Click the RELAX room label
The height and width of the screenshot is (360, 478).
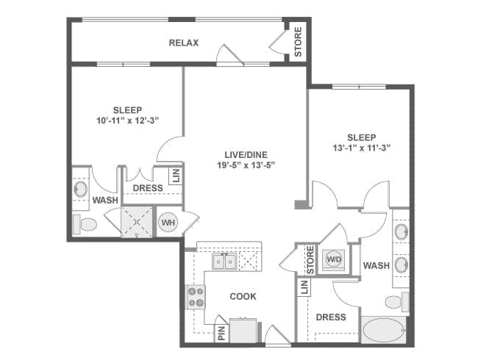184,43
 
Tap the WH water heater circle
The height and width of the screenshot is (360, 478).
168,222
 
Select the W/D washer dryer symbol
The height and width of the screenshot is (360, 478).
334,259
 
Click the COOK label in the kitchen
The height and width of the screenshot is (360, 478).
243,297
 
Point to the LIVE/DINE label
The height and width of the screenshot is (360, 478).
246,155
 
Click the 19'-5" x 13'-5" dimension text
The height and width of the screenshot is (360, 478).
246,166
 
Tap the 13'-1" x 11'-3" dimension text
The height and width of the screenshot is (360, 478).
361,148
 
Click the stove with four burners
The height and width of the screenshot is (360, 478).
196,297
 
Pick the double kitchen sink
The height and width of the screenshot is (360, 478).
224,261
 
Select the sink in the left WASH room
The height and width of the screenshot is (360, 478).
80,190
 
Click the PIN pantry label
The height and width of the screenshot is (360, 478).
221,332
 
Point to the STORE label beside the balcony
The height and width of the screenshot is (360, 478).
298,43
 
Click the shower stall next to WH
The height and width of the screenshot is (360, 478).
138,222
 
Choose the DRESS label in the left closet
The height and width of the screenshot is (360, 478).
147,188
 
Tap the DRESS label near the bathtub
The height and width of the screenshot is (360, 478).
331,317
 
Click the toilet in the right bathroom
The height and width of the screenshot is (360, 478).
396,301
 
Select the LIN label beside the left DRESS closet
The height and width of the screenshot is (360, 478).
176,176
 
